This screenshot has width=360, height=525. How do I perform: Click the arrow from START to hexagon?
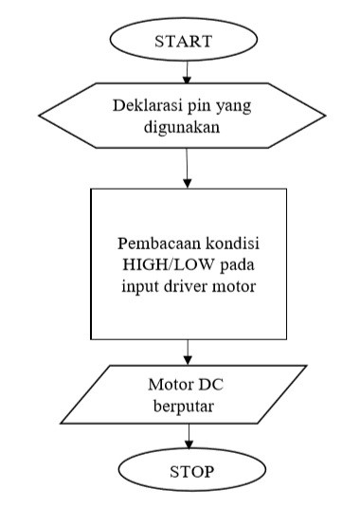[188, 71]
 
